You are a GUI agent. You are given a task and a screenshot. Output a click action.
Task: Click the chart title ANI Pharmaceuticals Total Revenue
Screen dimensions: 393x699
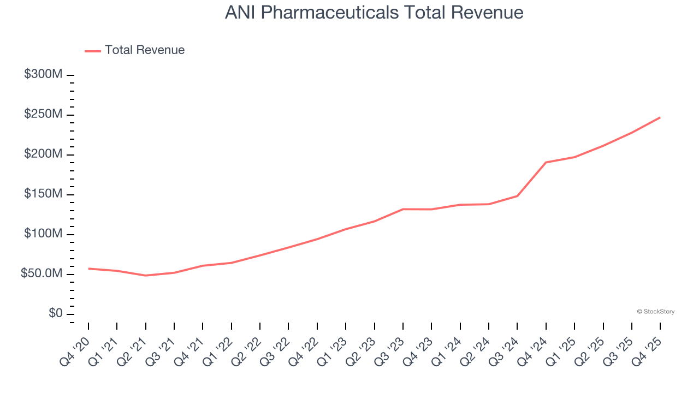[374, 13]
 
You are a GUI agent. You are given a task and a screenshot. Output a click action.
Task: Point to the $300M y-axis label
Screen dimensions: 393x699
[43, 75]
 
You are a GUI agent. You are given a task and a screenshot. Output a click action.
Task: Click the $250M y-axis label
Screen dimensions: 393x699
[43, 115]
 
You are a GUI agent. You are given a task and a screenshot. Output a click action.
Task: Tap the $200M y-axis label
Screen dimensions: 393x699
[43, 154]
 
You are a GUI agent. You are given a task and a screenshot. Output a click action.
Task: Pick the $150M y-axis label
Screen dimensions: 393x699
[43, 194]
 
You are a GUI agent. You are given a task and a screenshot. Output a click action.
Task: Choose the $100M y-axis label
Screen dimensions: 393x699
[43, 234]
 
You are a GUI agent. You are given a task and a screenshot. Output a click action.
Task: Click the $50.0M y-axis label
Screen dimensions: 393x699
[42, 274]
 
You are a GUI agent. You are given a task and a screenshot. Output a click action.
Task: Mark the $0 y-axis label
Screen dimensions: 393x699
[55, 314]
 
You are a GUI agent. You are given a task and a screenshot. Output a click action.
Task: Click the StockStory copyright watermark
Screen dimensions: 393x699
[655, 312]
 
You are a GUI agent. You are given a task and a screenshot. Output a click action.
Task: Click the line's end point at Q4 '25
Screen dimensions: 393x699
[660, 117]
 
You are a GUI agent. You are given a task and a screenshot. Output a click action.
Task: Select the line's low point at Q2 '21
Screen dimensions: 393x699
[146, 276]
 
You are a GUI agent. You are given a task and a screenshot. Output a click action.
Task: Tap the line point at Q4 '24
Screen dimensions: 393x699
[546, 163]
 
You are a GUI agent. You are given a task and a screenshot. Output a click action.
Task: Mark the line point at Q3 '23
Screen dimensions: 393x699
[403, 209]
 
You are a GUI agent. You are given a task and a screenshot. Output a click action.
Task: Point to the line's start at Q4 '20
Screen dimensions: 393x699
[88, 269]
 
